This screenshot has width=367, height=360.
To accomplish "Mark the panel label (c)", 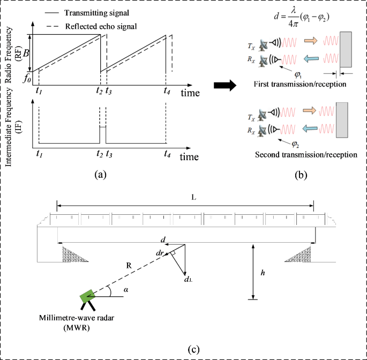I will coord(195,350).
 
